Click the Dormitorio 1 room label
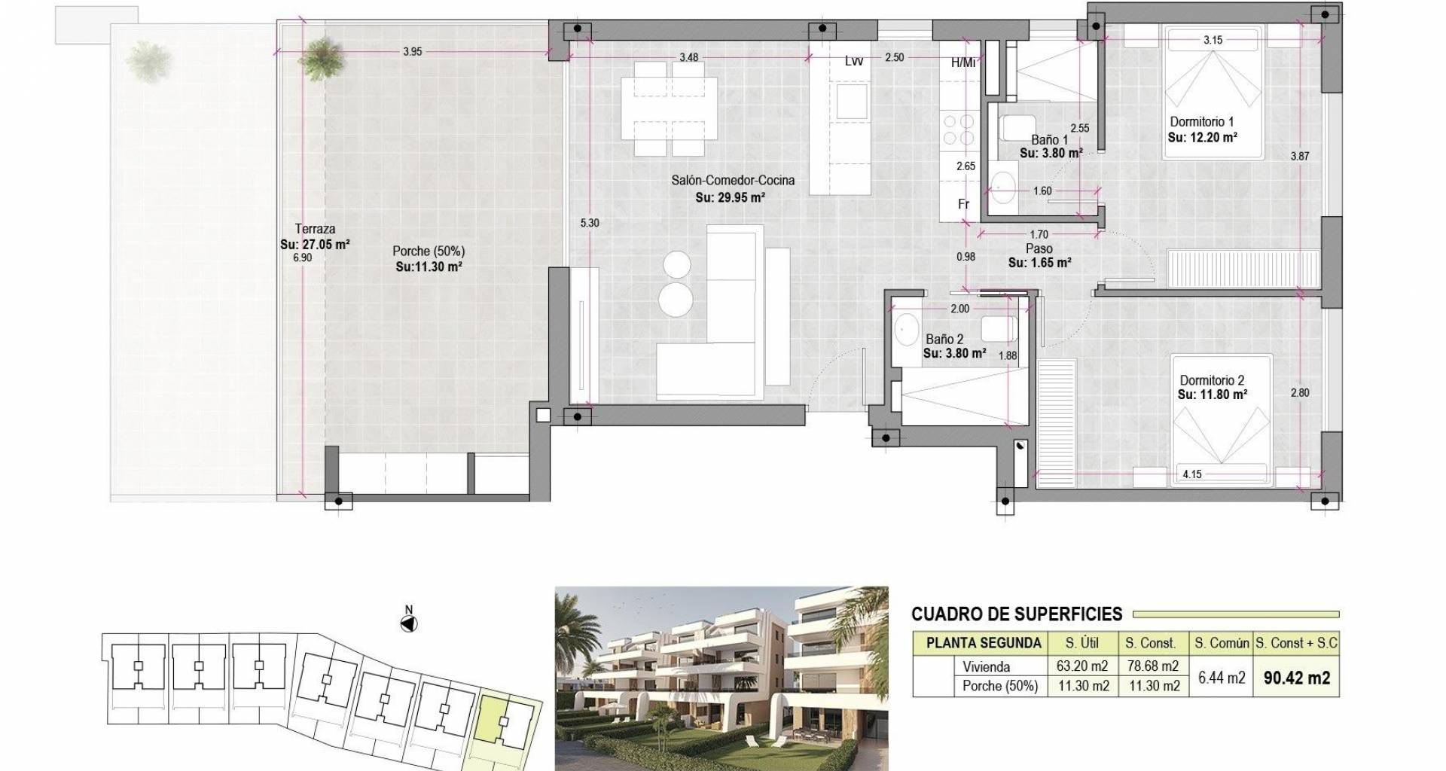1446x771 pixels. coord(1201,122)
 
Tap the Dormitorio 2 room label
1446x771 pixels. coord(1212,381)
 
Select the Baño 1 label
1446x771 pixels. coord(1049,140)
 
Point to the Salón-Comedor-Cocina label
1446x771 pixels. coord(733,181)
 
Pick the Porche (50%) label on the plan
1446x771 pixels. coord(429,251)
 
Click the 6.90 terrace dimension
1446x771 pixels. coord(302,258)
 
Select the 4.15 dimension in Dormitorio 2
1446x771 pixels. coord(1192,475)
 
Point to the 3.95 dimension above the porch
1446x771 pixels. coord(412,52)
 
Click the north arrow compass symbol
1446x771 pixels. coord(409,623)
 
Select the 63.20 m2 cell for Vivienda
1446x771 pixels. coord(1082,666)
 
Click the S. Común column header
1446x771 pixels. coord(1222,644)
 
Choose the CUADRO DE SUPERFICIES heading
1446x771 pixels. coord(1017,614)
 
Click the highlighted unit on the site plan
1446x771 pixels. coord(503,723)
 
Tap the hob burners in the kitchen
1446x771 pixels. coord(958,129)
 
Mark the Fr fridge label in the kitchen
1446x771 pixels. coord(963,204)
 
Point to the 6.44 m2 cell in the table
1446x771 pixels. coord(1221,678)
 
